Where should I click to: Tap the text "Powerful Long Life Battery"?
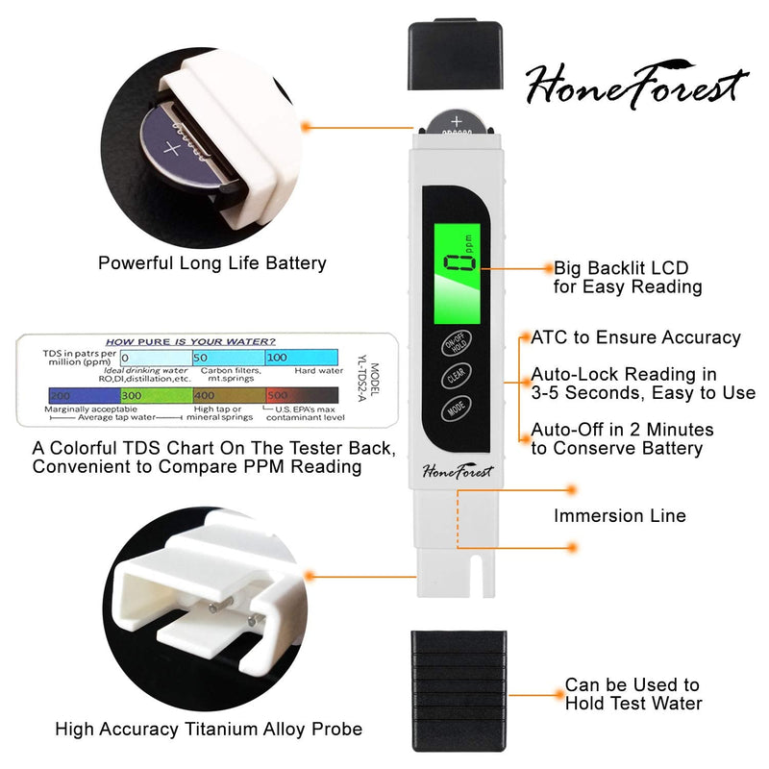point(212,262)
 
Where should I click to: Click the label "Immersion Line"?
point(619,516)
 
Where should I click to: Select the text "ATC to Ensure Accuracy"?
point(635,337)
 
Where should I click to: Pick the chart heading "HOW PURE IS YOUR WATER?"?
point(189,341)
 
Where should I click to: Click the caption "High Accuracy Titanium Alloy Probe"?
point(209,730)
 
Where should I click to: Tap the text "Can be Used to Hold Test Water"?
point(633,694)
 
